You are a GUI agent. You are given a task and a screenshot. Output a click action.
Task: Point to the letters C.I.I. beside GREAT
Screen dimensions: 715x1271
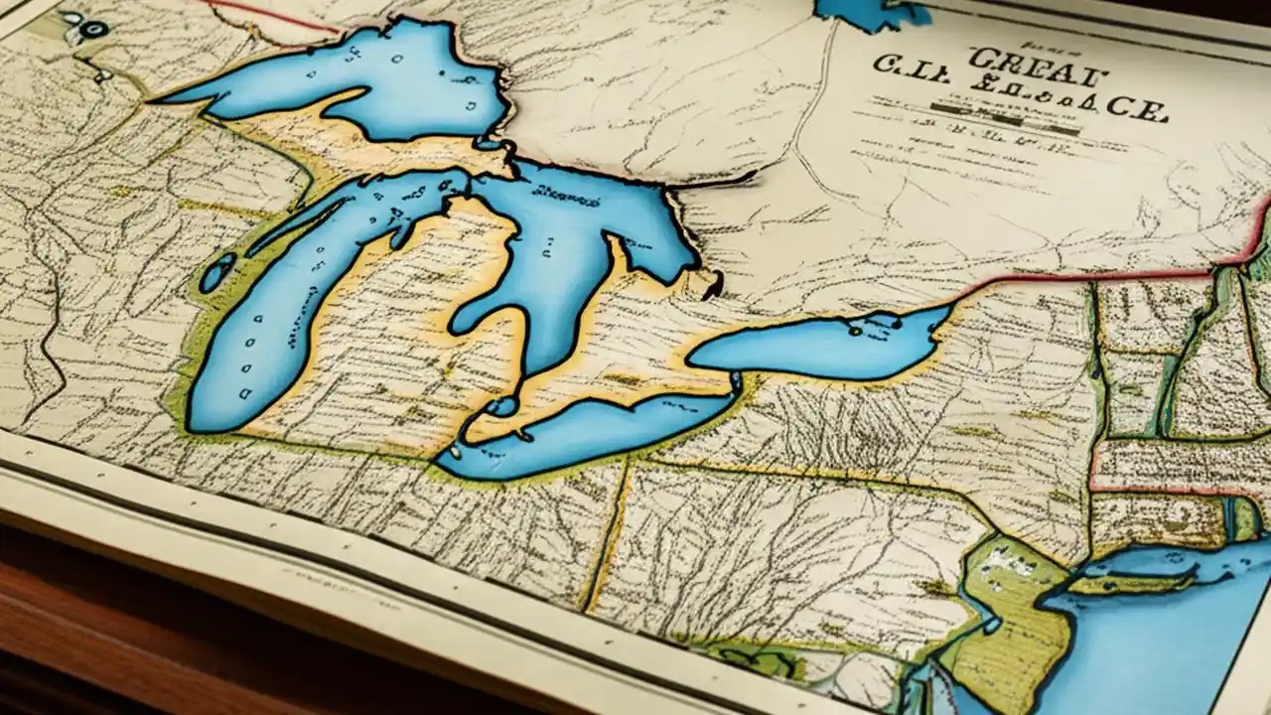point(909,70)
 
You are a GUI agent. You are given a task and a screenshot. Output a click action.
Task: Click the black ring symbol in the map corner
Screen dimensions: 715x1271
point(93,29)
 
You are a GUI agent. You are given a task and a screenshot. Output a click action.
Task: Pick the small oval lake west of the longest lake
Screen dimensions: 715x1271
point(216,271)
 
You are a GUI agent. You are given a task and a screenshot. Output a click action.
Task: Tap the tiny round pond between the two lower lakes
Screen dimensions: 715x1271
point(502,406)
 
